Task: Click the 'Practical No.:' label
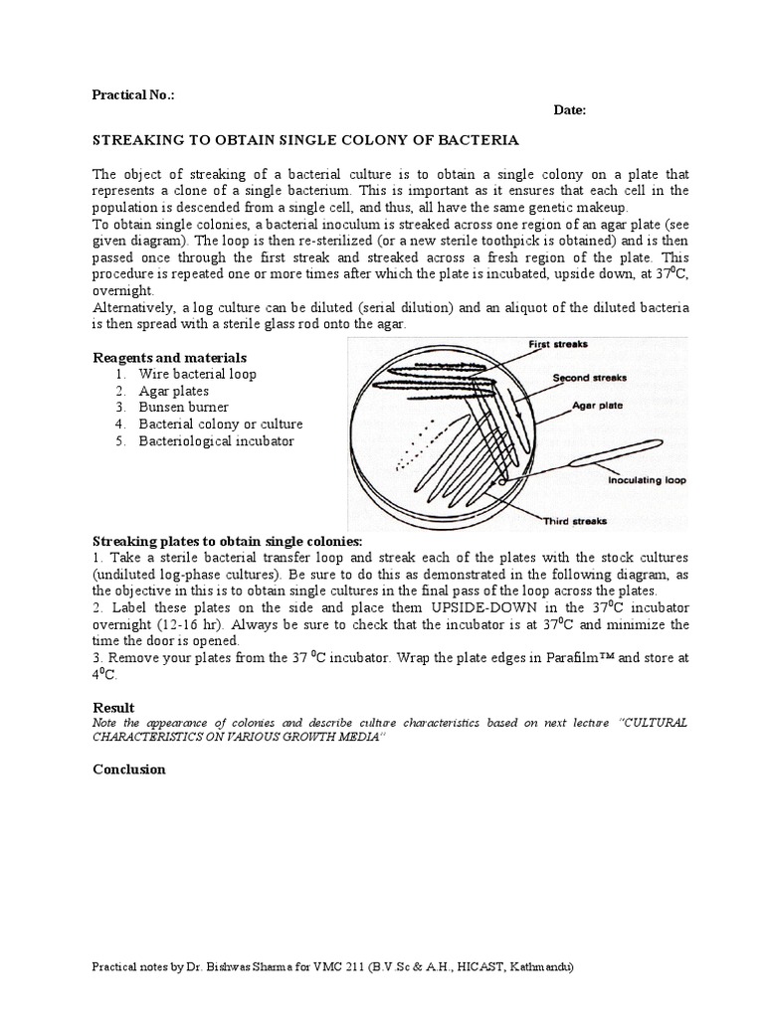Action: [x=133, y=95]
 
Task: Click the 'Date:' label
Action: [x=570, y=111]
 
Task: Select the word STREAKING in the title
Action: [x=134, y=141]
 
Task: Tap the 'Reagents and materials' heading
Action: [x=169, y=357]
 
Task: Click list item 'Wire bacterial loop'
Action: [x=197, y=374]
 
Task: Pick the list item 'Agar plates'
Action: [x=173, y=391]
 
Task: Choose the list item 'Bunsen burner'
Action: [x=183, y=408]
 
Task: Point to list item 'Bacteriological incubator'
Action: [x=216, y=441]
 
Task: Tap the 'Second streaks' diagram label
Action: [x=588, y=379]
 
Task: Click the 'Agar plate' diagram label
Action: [x=597, y=406]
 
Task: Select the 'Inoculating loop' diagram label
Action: [x=647, y=480]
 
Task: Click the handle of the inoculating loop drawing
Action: [x=617, y=452]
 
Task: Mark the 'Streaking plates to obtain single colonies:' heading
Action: [x=228, y=541]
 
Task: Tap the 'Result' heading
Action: [x=112, y=707]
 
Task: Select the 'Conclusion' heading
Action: [x=128, y=769]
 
